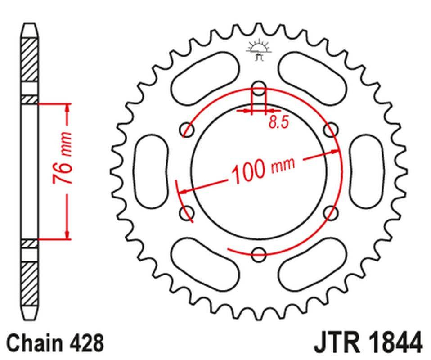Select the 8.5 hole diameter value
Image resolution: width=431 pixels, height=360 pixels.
tap(279, 122)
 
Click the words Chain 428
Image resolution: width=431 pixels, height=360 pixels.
tap(55, 342)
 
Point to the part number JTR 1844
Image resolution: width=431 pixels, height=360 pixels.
tap(368, 342)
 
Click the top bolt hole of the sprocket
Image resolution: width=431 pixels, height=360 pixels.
tap(259, 89)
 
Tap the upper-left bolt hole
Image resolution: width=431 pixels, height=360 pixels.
tap(187, 130)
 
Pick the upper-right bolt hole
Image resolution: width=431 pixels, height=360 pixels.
tap(331, 130)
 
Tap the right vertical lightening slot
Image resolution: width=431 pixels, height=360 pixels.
tap(367, 171)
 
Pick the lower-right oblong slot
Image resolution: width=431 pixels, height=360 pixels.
tap(313, 265)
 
